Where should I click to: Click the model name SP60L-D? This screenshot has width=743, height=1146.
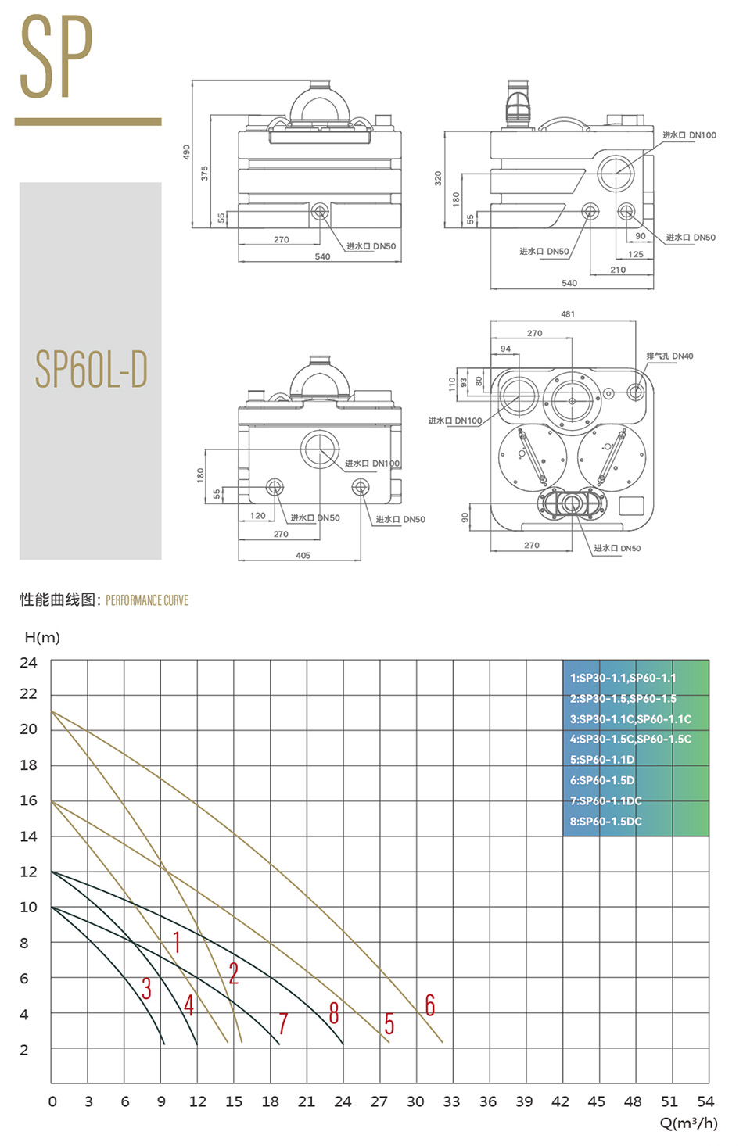click(x=92, y=370)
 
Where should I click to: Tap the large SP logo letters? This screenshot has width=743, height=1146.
click(x=56, y=59)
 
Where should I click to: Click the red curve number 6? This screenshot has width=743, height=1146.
click(x=429, y=1005)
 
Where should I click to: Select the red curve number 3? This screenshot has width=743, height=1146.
click(x=146, y=988)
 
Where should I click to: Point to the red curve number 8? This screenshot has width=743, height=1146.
click(x=334, y=1013)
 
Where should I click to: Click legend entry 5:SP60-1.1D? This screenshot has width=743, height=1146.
click(x=602, y=760)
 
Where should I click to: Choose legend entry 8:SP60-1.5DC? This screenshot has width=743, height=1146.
click(x=605, y=822)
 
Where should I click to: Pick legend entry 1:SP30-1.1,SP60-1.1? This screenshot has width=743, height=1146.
click(x=623, y=678)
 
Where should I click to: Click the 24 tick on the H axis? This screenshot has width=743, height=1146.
click(x=28, y=662)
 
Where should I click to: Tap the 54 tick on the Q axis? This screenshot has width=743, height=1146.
click(x=705, y=1101)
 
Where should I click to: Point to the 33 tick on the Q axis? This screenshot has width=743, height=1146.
click(x=451, y=1101)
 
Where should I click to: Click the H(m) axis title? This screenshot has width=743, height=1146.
click(x=42, y=637)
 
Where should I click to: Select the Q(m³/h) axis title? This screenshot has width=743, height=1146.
click(x=688, y=1123)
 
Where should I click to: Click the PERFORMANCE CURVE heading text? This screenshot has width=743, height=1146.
click(x=147, y=600)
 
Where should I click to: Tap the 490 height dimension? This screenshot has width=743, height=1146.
click(x=186, y=151)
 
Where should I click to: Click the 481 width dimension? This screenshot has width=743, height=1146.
click(x=568, y=313)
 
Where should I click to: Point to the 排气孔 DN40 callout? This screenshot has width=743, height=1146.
click(x=669, y=356)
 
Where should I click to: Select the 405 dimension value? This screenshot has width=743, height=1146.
click(x=303, y=555)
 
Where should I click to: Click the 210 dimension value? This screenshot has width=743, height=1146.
click(x=618, y=270)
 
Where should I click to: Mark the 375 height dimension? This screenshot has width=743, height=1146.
click(x=205, y=173)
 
